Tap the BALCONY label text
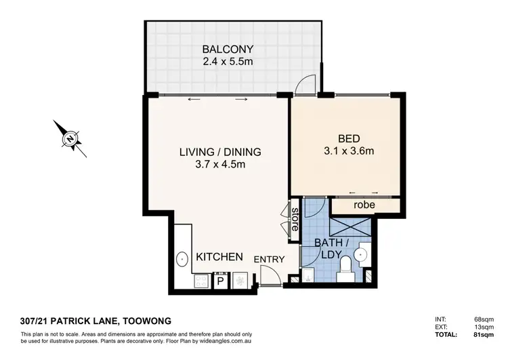[x=228, y=49]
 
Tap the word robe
[x=364, y=205]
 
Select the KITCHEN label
[x=219, y=257]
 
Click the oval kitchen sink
[x=182, y=259]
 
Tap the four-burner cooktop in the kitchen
[x=202, y=280]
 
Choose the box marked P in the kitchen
[x=221, y=281]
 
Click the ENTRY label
[x=269, y=259]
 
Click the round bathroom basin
[x=362, y=255]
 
